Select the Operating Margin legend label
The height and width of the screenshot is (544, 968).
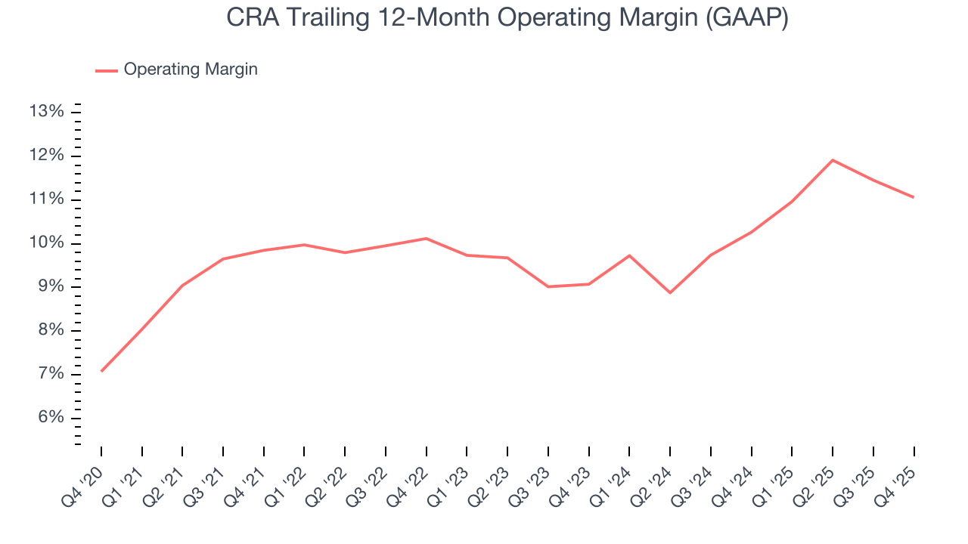191,70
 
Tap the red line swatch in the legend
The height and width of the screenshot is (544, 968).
107,70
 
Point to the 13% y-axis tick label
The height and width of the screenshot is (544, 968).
46,112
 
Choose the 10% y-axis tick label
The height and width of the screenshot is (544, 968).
46,243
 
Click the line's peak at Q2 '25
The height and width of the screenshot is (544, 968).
833,159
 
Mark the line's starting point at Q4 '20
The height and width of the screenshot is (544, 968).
101,371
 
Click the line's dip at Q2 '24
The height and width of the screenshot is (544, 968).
670,292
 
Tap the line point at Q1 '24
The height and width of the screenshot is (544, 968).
629,255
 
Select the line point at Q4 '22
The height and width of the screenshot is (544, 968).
427,238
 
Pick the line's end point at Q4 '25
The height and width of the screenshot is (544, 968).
914,197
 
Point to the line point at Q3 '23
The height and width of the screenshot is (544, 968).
548,286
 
